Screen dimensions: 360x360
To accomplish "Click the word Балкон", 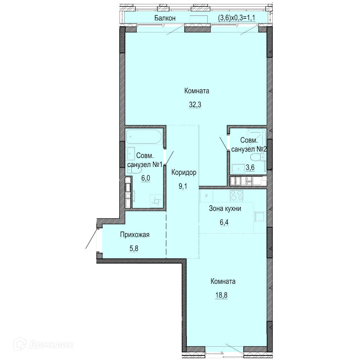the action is (165, 18).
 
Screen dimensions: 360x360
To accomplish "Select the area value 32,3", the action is (195, 105).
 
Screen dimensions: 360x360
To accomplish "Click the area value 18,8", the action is (221, 295).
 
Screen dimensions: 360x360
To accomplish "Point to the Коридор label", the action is (184, 172).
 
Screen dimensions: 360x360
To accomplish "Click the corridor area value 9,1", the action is (183, 186).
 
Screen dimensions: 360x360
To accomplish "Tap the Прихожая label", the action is (135, 235).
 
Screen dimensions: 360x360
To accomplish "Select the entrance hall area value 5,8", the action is (134, 248).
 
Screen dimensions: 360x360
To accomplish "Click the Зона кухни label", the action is (225, 208).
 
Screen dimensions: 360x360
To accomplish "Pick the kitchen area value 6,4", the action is (224, 222).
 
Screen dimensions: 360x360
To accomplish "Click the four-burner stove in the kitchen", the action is (237, 196).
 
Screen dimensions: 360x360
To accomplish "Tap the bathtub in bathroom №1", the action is (144, 137).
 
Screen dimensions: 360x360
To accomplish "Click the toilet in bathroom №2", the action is (257, 158).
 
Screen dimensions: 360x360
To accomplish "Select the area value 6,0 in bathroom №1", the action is (146, 178).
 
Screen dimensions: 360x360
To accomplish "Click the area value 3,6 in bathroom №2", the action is (250, 167).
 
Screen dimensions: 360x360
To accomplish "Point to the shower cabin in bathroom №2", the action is (257, 138).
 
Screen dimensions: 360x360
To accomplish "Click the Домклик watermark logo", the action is (44, 345).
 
